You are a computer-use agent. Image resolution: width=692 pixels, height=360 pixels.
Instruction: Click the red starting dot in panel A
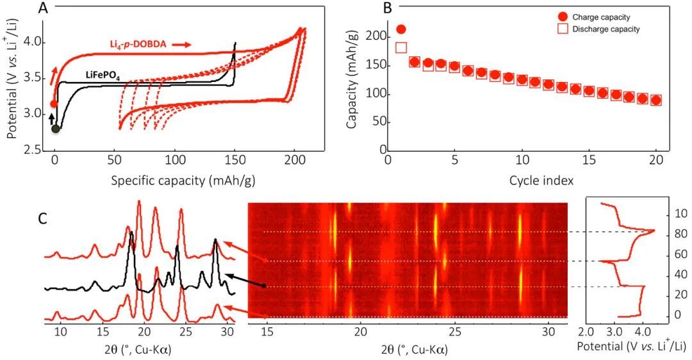pyautogui.click(x=54, y=104)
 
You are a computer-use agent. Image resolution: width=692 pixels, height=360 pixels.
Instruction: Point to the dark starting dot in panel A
pyautogui.click(x=56, y=129)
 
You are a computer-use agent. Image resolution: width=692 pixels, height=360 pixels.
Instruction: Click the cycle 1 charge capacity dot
pyautogui.click(x=402, y=29)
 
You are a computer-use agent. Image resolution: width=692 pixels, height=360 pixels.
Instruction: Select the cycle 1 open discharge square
pyautogui.click(x=402, y=47)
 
